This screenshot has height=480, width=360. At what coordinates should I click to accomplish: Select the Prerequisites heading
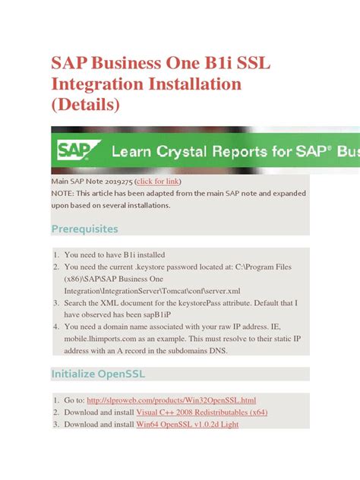click(84, 229)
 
